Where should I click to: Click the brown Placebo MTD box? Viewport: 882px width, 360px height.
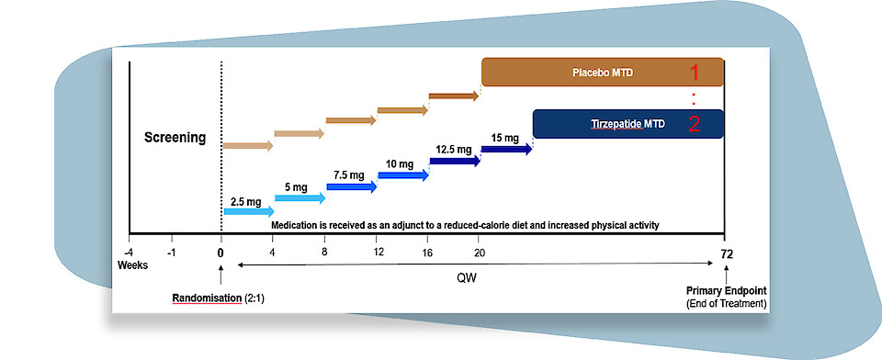[x=603, y=72]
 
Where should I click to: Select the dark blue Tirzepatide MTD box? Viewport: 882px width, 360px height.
[x=628, y=123]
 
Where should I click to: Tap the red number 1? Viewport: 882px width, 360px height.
[x=695, y=72]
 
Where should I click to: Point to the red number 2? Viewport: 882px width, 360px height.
[x=695, y=124]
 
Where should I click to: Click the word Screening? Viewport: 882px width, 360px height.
[x=175, y=140]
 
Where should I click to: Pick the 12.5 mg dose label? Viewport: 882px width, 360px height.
[x=454, y=149]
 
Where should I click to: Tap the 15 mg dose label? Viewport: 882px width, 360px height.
[x=504, y=138]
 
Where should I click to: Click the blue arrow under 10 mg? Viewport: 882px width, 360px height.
[x=402, y=174]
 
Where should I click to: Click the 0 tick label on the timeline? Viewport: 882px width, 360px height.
[x=220, y=253]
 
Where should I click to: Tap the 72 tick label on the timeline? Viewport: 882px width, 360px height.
[x=726, y=253]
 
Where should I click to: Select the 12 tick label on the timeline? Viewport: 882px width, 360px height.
[x=377, y=253]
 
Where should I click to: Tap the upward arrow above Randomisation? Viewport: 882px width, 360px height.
[x=220, y=274]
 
